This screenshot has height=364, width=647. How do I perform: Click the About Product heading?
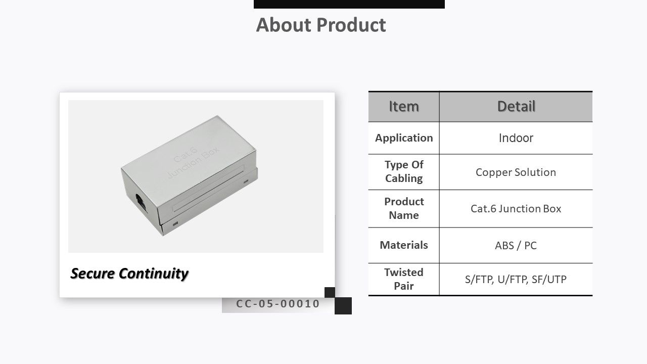click(x=321, y=25)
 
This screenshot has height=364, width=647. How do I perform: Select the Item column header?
click(x=404, y=106)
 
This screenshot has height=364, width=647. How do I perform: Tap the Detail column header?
click(x=516, y=106)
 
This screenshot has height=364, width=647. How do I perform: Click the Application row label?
click(x=404, y=138)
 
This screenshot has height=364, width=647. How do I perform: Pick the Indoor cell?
click(x=516, y=138)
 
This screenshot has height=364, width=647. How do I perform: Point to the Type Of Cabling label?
click(x=404, y=171)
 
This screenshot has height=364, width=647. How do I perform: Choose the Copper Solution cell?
click(x=516, y=172)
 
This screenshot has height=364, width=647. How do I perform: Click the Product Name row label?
click(x=404, y=208)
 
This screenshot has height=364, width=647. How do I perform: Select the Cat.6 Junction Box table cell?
click(x=516, y=209)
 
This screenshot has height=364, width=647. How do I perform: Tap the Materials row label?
click(x=404, y=245)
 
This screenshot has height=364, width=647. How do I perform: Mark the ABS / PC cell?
click(x=516, y=246)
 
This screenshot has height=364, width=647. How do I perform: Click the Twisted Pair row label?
click(x=404, y=279)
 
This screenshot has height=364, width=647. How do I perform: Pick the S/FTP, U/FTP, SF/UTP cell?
click(x=516, y=280)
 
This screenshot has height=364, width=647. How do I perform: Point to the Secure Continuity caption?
click(x=129, y=274)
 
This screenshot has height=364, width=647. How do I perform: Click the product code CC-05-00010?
click(x=278, y=304)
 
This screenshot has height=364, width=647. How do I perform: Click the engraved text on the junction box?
click(x=193, y=162)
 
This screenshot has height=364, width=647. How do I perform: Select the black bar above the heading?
click(x=349, y=4)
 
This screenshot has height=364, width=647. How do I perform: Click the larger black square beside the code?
click(x=343, y=306)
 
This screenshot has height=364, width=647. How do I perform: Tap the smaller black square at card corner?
click(x=330, y=292)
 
